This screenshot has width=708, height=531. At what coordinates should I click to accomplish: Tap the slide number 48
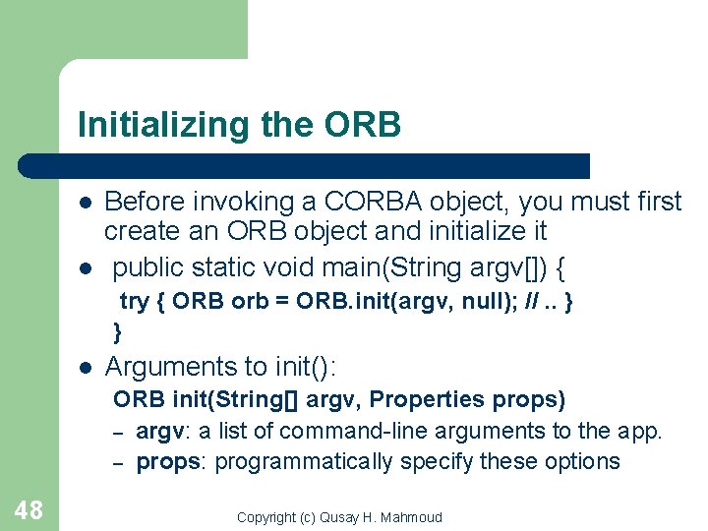pyautogui.click(x=29, y=509)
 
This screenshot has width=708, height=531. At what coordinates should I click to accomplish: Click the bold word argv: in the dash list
pyautogui.click(x=163, y=431)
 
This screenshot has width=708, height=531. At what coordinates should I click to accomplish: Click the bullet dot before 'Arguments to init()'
pyautogui.click(x=86, y=368)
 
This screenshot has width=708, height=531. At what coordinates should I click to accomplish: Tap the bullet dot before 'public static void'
pyautogui.click(x=86, y=268)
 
